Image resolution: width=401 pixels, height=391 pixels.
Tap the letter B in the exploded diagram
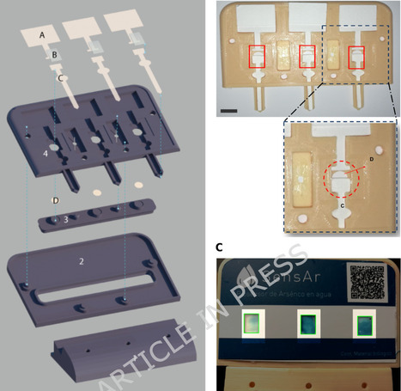54,55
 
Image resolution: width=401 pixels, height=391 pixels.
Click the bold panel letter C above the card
221,249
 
